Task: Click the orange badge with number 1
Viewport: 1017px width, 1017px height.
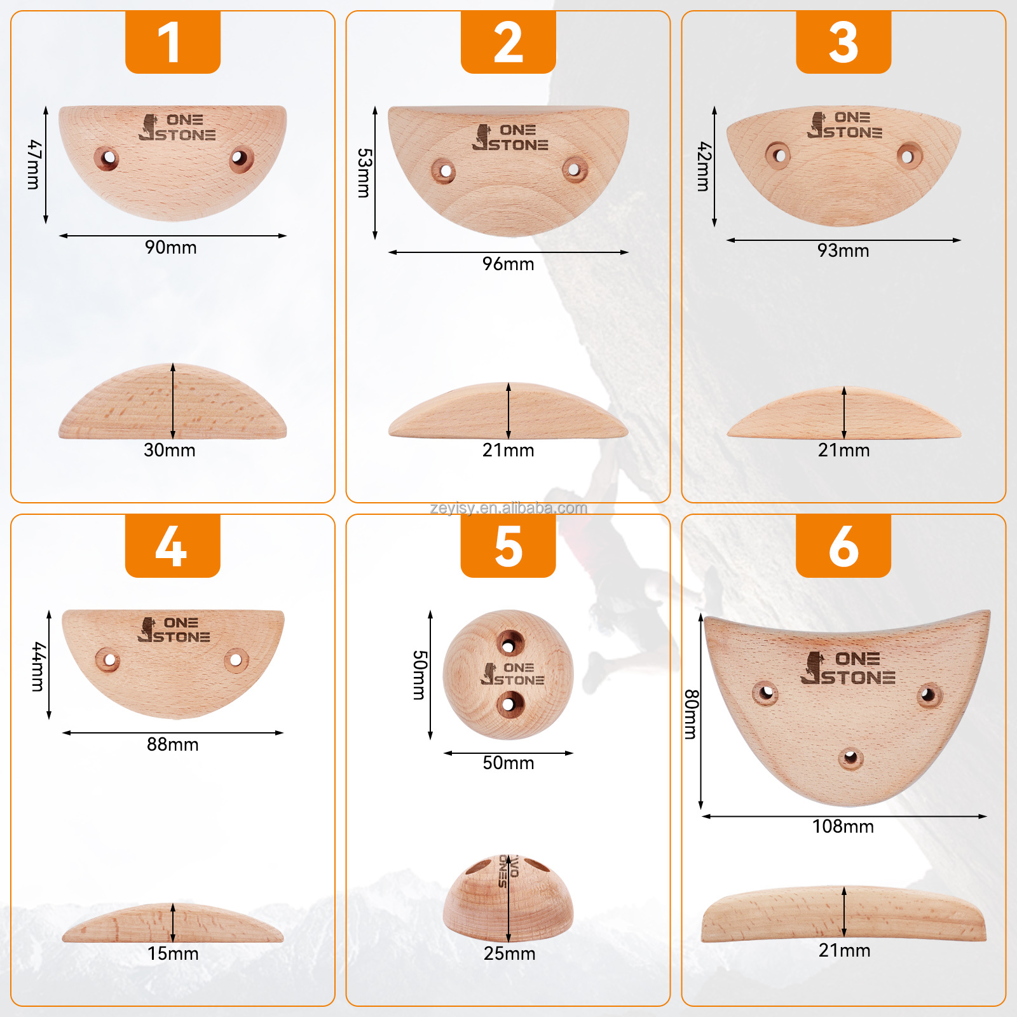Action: (172, 42)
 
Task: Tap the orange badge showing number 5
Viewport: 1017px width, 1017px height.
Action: (508, 546)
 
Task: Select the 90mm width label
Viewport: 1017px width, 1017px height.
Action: (171, 247)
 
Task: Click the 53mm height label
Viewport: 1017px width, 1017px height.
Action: (364, 173)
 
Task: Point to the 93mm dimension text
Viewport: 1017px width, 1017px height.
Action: (843, 250)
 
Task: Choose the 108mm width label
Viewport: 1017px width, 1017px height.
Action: (843, 826)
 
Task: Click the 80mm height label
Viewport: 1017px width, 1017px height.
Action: (691, 714)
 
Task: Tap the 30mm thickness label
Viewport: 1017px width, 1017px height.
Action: (170, 450)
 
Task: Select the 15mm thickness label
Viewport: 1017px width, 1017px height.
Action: (173, 953)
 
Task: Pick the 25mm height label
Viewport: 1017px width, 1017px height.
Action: (509, 953)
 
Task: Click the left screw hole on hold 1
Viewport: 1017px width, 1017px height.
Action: (107, 158)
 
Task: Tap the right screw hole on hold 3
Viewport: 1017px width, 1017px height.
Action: (908, 156)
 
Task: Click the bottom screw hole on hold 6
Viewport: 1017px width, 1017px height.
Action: (850, 758)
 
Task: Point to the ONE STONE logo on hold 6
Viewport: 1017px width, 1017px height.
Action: (848, 668)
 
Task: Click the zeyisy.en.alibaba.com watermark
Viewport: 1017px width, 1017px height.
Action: (508, 508)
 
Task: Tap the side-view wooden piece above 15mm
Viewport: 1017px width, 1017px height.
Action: (173, 925)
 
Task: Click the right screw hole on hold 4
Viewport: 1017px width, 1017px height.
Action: (236, 660)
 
